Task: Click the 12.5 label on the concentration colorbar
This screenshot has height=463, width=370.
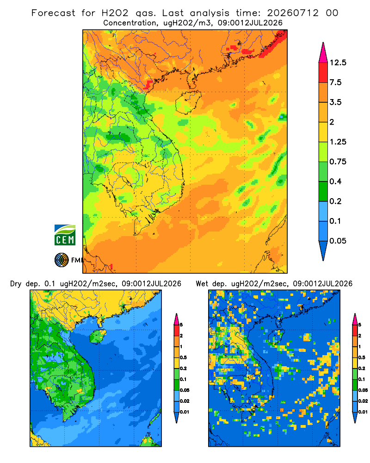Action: (338, 63)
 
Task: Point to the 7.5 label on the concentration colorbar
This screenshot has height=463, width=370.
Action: (335, 82)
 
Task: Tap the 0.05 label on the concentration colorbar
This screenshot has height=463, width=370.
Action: (338, 241)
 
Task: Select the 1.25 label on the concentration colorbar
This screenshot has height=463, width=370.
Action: (338, 142)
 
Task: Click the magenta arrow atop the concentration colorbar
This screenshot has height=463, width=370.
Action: (323, 53)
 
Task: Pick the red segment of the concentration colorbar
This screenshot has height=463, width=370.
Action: (323, 73)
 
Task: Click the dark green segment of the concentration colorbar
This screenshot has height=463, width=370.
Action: (323, 191)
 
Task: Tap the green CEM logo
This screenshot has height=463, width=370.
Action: (65, 235)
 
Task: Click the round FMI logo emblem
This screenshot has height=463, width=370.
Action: (62, 260)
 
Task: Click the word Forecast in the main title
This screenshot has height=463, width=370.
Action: (53, 13)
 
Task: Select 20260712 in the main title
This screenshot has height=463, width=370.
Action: (293, 13)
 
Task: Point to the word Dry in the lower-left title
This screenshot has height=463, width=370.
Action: (16, 284)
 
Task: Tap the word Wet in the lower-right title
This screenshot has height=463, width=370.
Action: (202, 284)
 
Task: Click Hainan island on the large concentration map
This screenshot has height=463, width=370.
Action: (188, 102)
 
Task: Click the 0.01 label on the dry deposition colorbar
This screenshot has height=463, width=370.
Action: (185, 412)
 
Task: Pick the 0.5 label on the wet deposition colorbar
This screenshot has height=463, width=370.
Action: (361, 357)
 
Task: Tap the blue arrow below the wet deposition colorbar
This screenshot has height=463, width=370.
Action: (355, 418)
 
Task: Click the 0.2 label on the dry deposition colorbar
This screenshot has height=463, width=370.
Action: (183, 369)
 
